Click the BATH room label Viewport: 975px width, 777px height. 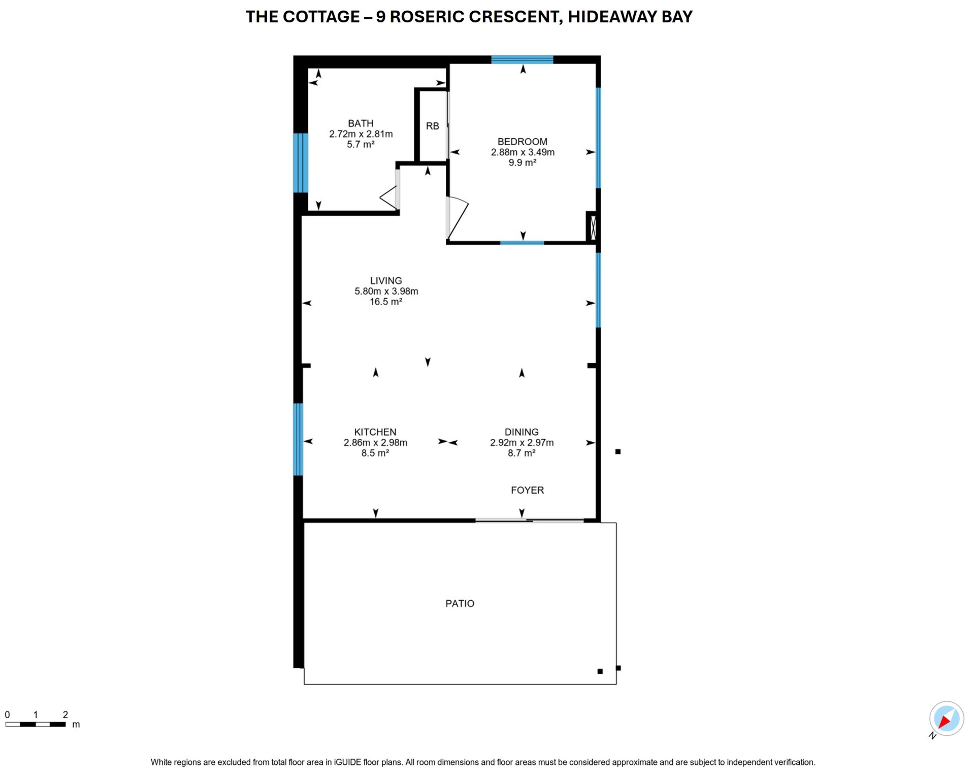(x=361, y=123)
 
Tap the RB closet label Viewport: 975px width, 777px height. (x=432, y=126)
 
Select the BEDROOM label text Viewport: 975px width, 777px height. (x=522, y=142)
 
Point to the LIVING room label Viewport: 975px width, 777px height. (x=386, y=281)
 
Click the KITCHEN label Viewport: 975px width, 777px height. (x=375, y=432)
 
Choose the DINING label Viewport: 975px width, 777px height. (x=522, y=432)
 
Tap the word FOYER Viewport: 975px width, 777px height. (x=527, y=490)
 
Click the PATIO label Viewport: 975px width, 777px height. (x=460, y=603)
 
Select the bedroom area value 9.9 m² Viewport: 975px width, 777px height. (x=522, y=163)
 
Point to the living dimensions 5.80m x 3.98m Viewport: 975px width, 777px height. (x=386, y=292)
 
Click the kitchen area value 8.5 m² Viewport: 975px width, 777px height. (x=375, y=453)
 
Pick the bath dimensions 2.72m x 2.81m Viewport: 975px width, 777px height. (x=361, y=134)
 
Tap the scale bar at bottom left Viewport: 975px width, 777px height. (x=36, y=724)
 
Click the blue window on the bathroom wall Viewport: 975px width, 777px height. (x=301, y=163)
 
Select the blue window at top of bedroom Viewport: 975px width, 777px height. (x=522, y=59)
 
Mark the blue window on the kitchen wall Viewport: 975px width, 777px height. (x=299, y=439)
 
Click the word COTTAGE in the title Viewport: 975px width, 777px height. (x=321, y=17)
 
